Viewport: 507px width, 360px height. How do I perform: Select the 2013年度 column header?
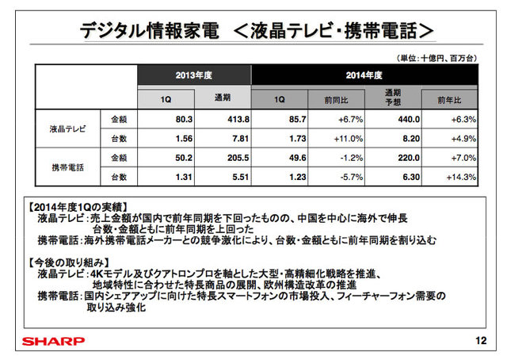(193, 75)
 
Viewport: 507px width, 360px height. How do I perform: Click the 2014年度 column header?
(364, 75)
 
